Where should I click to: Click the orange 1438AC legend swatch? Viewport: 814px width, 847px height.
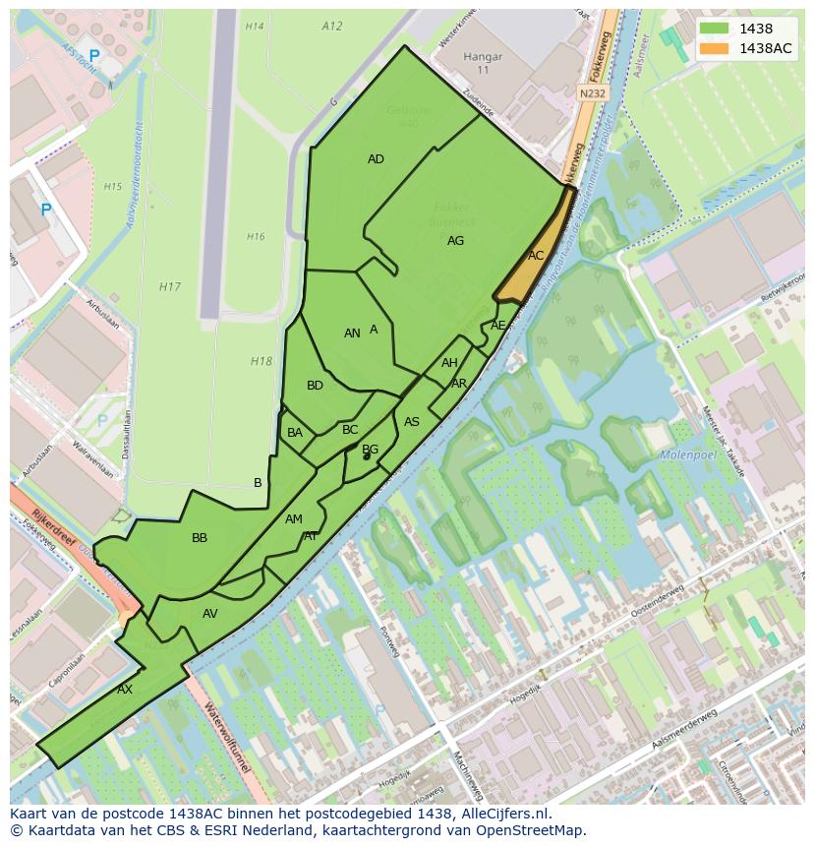[x=715, y=48]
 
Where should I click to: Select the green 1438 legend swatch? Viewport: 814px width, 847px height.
[x=715, y=29]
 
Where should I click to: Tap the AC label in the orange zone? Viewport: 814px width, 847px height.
[x=536, y=256]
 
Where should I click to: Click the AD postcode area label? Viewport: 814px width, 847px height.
[x=376, y=159]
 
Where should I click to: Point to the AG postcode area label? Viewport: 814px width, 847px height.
[x=455, y=241]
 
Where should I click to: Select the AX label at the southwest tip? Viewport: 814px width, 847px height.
[x=125, y=690]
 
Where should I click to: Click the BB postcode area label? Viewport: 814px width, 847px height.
[x=200, y=538]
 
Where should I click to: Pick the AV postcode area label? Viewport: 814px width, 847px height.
[x=209, y=614]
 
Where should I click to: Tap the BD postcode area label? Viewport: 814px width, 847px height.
[x=315, y=386]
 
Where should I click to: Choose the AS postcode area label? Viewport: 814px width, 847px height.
[x=412, y=422]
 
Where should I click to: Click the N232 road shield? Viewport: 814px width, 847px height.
[x=591, y=92]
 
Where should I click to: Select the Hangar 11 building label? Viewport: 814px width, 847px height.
[x=483, y=64]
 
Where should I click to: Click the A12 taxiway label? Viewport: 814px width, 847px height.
[x=332, y=27]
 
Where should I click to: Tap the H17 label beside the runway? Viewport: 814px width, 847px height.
[x=170, y=287]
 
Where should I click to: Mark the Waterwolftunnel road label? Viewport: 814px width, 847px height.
[x=225, y=737]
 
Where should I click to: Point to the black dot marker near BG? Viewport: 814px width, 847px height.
[x=366, y=456]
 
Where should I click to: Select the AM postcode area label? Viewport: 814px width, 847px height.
[x=293, y=519]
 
